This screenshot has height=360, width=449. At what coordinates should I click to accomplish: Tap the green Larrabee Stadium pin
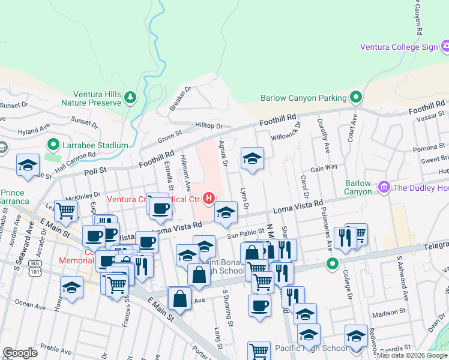click(x=53, y=145)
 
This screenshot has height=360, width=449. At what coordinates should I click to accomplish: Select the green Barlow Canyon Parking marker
click(x=356, y=97)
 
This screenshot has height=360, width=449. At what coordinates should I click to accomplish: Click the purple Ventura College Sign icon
click(x=445, y=46)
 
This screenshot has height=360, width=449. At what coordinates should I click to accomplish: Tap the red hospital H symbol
click(x=209, y=198)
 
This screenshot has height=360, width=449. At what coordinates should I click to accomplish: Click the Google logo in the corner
click(x=20, y=353)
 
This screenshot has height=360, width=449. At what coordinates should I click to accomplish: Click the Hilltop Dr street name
click(x=209, y=126)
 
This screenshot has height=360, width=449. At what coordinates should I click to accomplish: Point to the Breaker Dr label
click(x=179, y=98)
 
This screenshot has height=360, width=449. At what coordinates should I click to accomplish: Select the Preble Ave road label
click(x=57, y=347)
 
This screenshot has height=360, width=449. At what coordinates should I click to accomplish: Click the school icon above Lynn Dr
click(x=252, y=159)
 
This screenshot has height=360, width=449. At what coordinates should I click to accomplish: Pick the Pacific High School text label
click(x=310, y=348)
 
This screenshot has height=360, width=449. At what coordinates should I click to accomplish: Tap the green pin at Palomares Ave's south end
click(x=331, y=263)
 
